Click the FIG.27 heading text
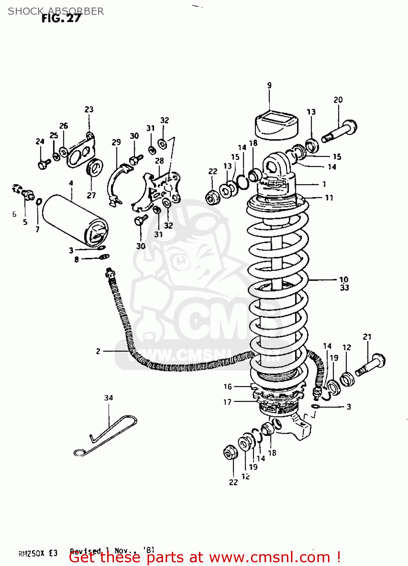[61, 18]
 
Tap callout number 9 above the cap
[269, 85]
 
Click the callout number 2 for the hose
[98, 351]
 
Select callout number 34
[108, 398]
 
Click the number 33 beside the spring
[344, 288]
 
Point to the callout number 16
[227, 386]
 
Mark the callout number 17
[227, 402]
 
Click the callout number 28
[159, 161]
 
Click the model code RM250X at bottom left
[32, 554]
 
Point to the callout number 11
[329, 198]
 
